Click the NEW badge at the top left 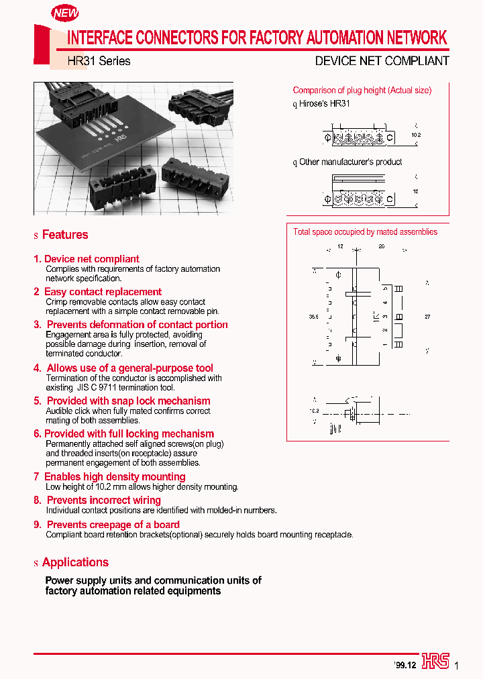point(65,13)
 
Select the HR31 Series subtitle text point(99,61)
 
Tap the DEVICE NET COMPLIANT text point(382,61)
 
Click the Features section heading point(64,235)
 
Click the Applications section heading point(74,562)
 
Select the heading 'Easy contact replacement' point(103,292)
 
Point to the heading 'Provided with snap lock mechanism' point(128,401)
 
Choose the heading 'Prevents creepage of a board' point(113,525)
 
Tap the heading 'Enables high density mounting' point(114,477)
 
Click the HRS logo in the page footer point(435,662)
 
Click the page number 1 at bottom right point(457,666)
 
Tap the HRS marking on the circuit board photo point(121,141)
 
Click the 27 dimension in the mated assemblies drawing point(427,316)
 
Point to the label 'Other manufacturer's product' point(350,162)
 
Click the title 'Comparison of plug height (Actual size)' point(362,91)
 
